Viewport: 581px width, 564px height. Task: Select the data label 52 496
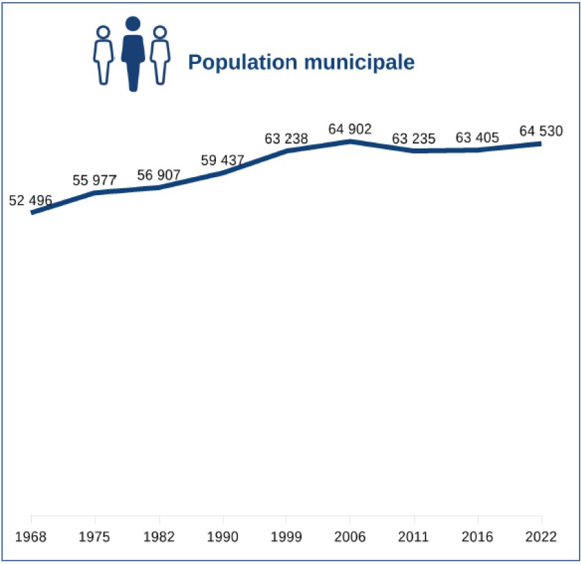pos(30,201)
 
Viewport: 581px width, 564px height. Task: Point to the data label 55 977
pos(94,181)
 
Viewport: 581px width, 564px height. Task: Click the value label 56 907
pos(159,175)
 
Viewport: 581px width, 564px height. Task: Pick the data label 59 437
pos(223,161)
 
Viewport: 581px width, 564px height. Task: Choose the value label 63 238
pos(286,139)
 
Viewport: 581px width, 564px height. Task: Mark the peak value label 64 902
pos(350,129)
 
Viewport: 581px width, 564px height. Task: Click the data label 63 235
pos(414,139)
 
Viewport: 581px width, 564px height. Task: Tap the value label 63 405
pos(477,139)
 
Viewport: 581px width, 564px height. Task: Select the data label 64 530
pos(541,131)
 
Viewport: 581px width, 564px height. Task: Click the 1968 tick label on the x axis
pos(31,537)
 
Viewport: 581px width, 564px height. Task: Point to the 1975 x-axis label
pos(95,537)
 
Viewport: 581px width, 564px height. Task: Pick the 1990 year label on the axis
pos(223,537)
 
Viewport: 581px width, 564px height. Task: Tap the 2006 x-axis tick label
pos(350,537)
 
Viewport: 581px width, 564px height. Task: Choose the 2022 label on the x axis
pos(541,537)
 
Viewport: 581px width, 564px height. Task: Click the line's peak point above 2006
pos(350,142)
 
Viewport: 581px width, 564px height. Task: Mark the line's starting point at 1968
pos(32,212)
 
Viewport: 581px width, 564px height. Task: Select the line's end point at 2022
pos(540,144)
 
